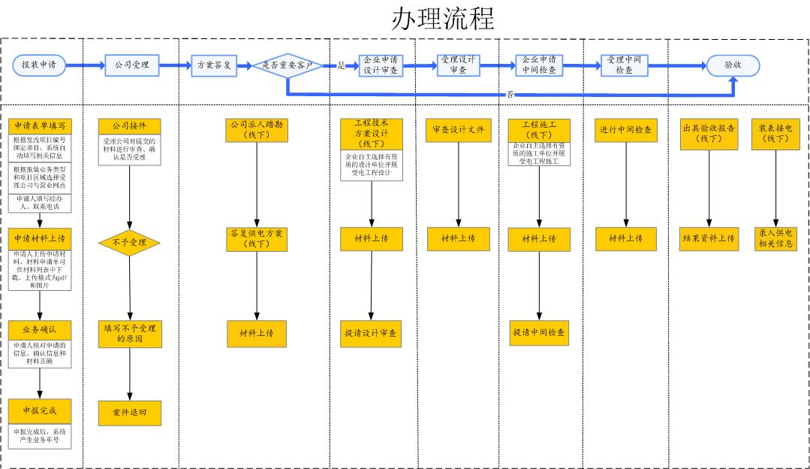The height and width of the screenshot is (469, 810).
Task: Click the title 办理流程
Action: click(x=442, y=19)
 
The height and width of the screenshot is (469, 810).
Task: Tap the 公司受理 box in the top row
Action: click(x=131, y=65)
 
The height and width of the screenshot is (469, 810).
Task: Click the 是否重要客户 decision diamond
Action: click(x=287, y=65)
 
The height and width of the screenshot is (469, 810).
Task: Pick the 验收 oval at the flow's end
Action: click(x=733, y=65)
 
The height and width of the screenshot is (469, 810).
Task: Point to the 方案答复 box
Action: click(x=213, y=65)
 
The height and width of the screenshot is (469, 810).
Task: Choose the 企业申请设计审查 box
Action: click(x=380, y=65)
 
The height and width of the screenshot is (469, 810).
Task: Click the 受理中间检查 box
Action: click(x=624, y=65)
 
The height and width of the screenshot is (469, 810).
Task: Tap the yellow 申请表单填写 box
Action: click(x=41, y=126)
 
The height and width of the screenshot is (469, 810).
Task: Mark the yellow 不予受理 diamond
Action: click(x=130, y=243)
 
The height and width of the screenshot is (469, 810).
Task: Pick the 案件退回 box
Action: click(x=130, y=413)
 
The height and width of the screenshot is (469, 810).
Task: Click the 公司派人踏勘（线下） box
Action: click(x=257, y=130)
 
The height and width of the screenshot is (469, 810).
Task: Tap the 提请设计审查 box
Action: click(x=371, y=333)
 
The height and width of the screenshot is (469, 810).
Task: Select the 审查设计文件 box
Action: click(x=458, y=130)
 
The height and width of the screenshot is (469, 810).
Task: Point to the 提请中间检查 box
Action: click(x=538, y=332)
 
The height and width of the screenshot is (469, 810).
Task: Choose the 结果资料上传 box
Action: click(x=708, y=238)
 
